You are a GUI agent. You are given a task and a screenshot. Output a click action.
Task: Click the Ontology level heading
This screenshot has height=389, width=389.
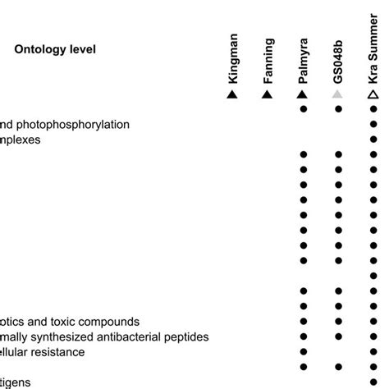pyautogui.click(x=55, y=50)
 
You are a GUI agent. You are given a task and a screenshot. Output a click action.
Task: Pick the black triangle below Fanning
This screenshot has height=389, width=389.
pyautogui.click(x=268, y=95)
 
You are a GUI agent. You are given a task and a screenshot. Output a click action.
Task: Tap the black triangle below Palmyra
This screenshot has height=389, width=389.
pyautogui.click(x=303, y=95)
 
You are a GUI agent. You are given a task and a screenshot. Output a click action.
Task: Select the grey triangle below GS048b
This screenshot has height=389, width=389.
pyautogui.click(x=337, y=95)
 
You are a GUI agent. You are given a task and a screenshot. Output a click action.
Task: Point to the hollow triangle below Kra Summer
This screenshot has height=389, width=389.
pyautogui.click(x=373, y=95)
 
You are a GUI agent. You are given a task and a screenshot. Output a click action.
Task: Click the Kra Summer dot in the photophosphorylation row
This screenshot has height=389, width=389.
pyautogui.click(x=374, y=125)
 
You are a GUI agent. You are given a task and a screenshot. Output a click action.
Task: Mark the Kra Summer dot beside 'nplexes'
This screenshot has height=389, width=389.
pyautogui.click(x=374, y=140)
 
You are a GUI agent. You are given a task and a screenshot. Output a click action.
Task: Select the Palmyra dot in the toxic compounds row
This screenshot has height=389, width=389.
pyautogui.click(x=303, y=321)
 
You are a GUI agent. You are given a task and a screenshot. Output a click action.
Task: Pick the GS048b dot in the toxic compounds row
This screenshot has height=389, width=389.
pyautogui.click(x=337, y=321)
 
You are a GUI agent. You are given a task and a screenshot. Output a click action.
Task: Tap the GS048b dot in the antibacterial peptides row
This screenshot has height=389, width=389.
pyautogui.click(x=337, y=336)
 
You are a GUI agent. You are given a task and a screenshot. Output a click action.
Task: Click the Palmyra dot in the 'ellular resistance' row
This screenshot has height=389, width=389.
pyautogui.click(x=303, y=351)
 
